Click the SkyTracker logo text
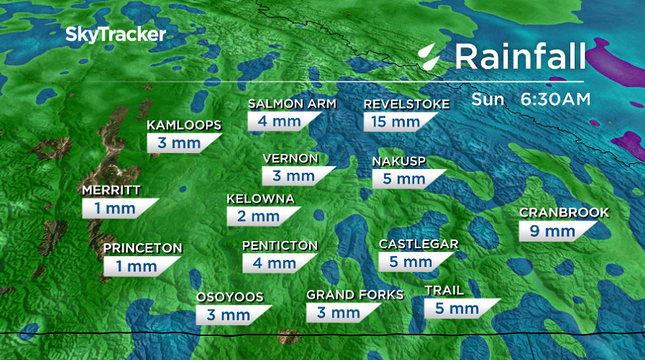coord(116,34)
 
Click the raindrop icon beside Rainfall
coord(431,56)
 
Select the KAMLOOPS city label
coord(184,126)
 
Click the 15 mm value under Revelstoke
coord(396,121)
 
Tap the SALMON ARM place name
coord(292,104)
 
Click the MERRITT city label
coord(111,191)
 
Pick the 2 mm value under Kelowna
coord(254,216)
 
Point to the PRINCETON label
coord(142,248)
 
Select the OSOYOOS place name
coord(229,297)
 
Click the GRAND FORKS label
coord(355,295)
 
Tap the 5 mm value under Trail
coord(451,308)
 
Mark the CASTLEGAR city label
coord(419,244)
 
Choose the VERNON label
coord(290,158)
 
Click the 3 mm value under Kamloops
coord(175,143)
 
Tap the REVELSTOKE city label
coord(406,104)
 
